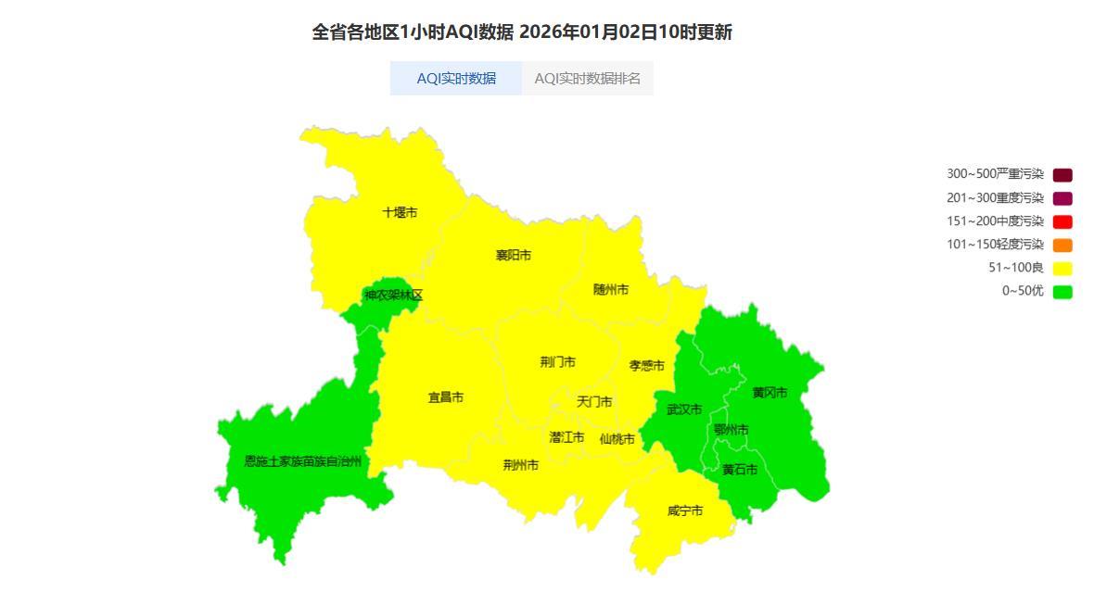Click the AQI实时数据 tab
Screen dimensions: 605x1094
pos(456,79)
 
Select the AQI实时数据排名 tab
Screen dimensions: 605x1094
pos(587,79)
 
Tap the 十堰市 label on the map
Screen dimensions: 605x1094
pos(400,213)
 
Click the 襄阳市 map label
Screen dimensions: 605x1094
pos(513,256)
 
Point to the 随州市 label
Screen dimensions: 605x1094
pos(611,290)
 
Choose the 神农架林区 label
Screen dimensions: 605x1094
pos(393,296)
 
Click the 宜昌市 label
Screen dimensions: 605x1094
pos(445,397)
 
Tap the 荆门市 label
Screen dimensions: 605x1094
pos(557,362)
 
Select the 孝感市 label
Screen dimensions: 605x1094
pos(646,366)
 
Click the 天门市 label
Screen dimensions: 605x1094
pos(594,402)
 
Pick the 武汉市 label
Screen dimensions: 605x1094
pos(684,410)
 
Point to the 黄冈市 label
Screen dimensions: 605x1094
pos(770,393)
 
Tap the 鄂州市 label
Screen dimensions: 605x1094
pos(731,430)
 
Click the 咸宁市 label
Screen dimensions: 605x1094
pos(684,510)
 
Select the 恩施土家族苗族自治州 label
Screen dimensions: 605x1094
pos(302,461)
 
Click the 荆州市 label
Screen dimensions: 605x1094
pos(520,465)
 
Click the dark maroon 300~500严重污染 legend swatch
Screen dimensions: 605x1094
pos(1062,175)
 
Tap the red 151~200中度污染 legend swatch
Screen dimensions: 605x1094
pos(1062,221)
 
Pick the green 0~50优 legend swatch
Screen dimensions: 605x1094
pos(1062,292)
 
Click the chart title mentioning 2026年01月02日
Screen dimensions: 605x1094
pos(522,32)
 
